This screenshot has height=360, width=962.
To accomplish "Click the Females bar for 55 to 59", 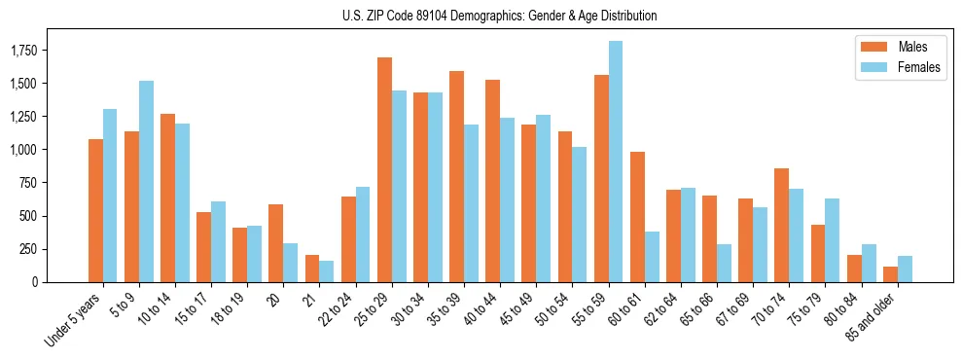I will tap(616, 162).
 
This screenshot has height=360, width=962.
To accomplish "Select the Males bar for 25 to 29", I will tap(384, 169).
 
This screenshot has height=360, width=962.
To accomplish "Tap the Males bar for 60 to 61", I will tap(637, 217).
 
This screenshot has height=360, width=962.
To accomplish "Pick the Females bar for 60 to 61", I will tap(652, 257).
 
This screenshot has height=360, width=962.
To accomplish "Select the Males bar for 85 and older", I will tap(890, 274).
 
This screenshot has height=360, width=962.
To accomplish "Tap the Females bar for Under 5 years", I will tap(110, 196).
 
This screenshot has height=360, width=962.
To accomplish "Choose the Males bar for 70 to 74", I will tap(781, 225).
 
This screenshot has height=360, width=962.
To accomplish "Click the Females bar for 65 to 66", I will tap(724, 263).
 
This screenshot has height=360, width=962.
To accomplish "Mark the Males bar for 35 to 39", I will tap(456, 176).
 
